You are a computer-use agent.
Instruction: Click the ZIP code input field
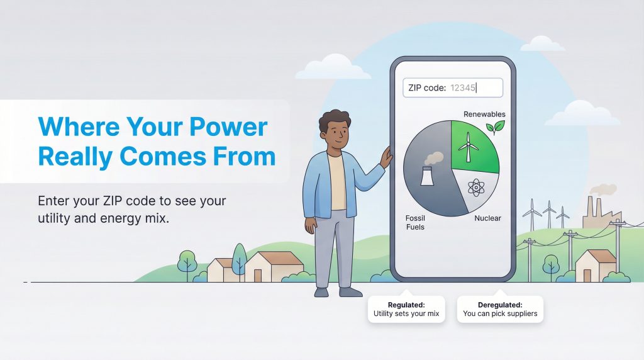tap(452, 88)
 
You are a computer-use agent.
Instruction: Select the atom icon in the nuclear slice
tap(476, 188)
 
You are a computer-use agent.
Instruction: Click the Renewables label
tap(484, 115)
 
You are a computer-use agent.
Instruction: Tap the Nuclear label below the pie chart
tap(487, 218)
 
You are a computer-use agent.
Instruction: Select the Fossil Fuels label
tap(415, 222)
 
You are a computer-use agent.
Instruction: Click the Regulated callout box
tap(406, 309)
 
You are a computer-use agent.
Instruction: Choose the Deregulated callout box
tap(500, 309)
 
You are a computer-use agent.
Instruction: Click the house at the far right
tap(594, 265)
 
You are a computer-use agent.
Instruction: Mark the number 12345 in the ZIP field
tap(462, 88)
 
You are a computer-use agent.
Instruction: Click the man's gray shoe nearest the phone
tap(351, 291)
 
